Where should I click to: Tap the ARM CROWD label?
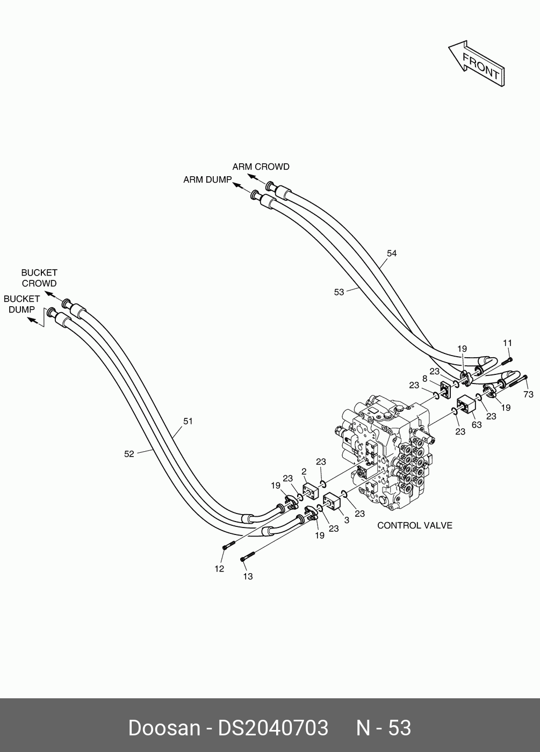261,167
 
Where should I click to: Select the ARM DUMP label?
207,179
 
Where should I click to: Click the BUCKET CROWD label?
39,278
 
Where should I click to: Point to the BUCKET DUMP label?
21,304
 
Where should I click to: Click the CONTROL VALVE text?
415,525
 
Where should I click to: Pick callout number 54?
392,254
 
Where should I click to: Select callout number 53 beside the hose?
339,292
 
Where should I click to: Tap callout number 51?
188,421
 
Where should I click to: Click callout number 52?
129,454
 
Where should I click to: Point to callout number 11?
507,343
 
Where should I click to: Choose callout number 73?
528,394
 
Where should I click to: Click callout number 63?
477,425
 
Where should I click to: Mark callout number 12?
219,569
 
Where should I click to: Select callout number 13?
247,576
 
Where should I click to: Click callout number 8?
424,379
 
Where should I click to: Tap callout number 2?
304,471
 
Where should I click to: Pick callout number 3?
346,520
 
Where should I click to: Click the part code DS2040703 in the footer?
272,728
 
